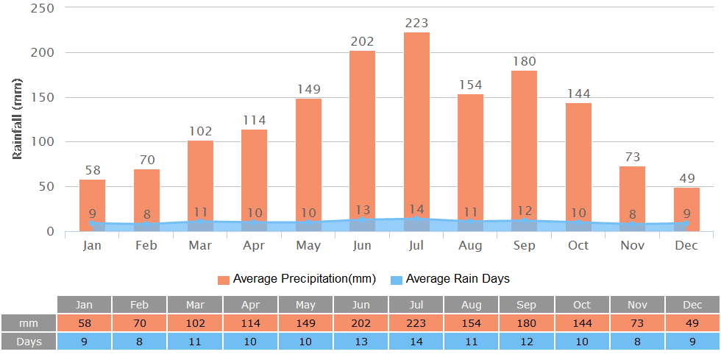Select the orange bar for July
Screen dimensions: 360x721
pos(416,125)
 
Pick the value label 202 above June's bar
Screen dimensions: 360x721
pos(362,42)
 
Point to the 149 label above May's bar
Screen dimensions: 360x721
pos(308,89)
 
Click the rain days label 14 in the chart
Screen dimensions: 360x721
pos(416,209)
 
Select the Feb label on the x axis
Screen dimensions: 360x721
pos(146,245)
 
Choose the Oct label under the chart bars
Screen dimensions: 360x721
pos(578,245)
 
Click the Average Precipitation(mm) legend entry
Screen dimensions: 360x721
pos(296,279)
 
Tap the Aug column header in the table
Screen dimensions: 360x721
pos(471,304)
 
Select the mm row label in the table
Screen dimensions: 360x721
pos(29,323)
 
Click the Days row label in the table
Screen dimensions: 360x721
pos(29,342)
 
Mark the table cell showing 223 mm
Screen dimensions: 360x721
pos(416,323)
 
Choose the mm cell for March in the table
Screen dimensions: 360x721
pos(195,323)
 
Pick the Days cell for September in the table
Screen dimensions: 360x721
pos(527,342)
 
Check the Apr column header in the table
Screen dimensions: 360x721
pos(250,304)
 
